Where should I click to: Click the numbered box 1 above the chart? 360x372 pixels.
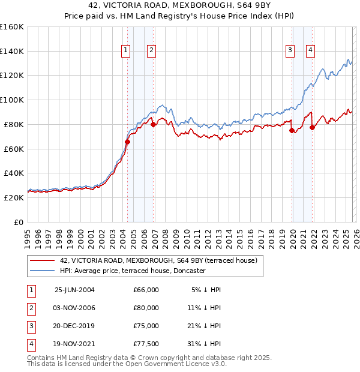pos(126,51)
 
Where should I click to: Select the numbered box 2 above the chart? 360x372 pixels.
pos(151,51)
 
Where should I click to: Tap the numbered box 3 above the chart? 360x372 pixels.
pos(290,51)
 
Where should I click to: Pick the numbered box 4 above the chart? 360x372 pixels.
pos(311,51)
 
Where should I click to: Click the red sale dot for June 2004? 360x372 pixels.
pos(127,142)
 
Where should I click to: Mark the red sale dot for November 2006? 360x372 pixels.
pos(153,125)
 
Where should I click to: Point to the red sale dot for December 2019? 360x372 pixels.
pos(292,130)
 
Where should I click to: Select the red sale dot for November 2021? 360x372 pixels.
pos(313,127)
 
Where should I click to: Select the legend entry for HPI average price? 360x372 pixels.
pos(133,271)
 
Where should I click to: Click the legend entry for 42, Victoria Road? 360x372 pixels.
pos(158,260)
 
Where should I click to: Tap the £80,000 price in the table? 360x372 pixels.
pos(146,308)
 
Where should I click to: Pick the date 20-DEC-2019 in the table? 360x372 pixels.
pos(74,326)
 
